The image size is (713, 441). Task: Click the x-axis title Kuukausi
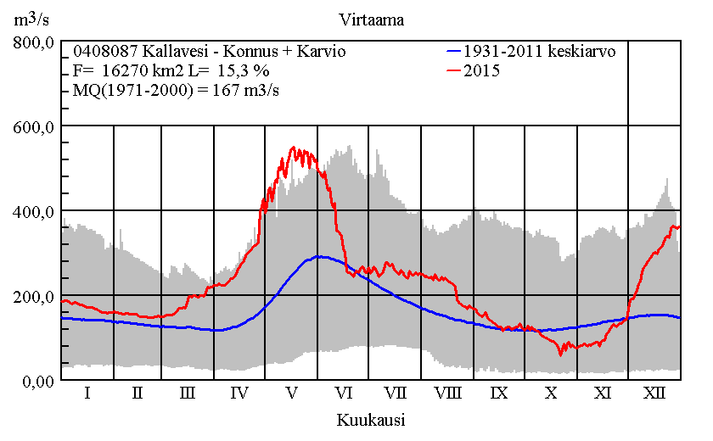[370, 420]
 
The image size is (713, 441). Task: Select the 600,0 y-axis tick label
[35, 126]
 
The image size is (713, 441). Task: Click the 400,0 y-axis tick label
[35, 211]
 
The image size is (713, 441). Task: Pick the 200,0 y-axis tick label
[35, 296]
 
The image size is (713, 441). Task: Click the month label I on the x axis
[87, 394]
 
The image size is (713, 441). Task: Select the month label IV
[239, 394]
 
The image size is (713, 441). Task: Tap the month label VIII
[447, 394]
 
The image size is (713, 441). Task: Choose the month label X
[551, 394]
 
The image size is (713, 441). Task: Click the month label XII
[654, 394]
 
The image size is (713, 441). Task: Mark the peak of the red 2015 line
[293, 148]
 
